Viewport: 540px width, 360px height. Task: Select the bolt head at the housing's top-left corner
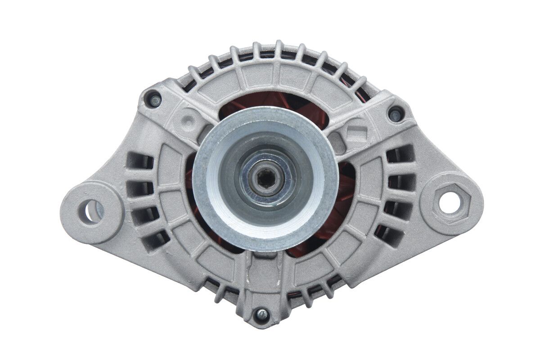(154, 100)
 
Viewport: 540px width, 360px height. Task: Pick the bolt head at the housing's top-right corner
(396, 114)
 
